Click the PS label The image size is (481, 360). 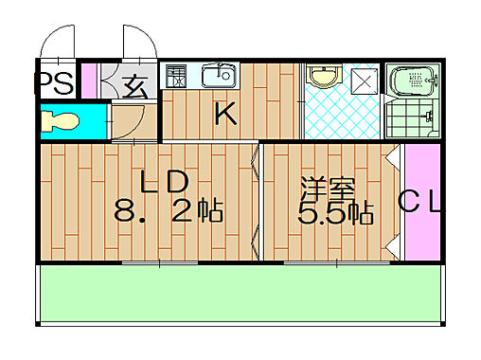[x=55, y=83]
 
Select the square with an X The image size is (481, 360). [x=363, y=81]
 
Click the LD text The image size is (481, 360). [x=166, y=181]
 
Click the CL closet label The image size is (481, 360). [x=418, y=201]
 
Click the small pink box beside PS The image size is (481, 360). [x=88, y=81]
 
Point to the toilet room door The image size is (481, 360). [x=126, y=121]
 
